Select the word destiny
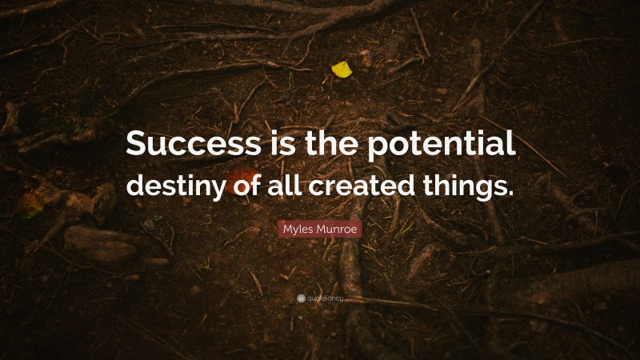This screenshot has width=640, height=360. (167, 186)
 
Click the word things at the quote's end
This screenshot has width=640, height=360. (466, 186)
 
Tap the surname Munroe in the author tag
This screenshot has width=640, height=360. (340, 229)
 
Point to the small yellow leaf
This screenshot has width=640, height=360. (342, 70)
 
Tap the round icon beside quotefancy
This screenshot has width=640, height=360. (301, 298)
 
